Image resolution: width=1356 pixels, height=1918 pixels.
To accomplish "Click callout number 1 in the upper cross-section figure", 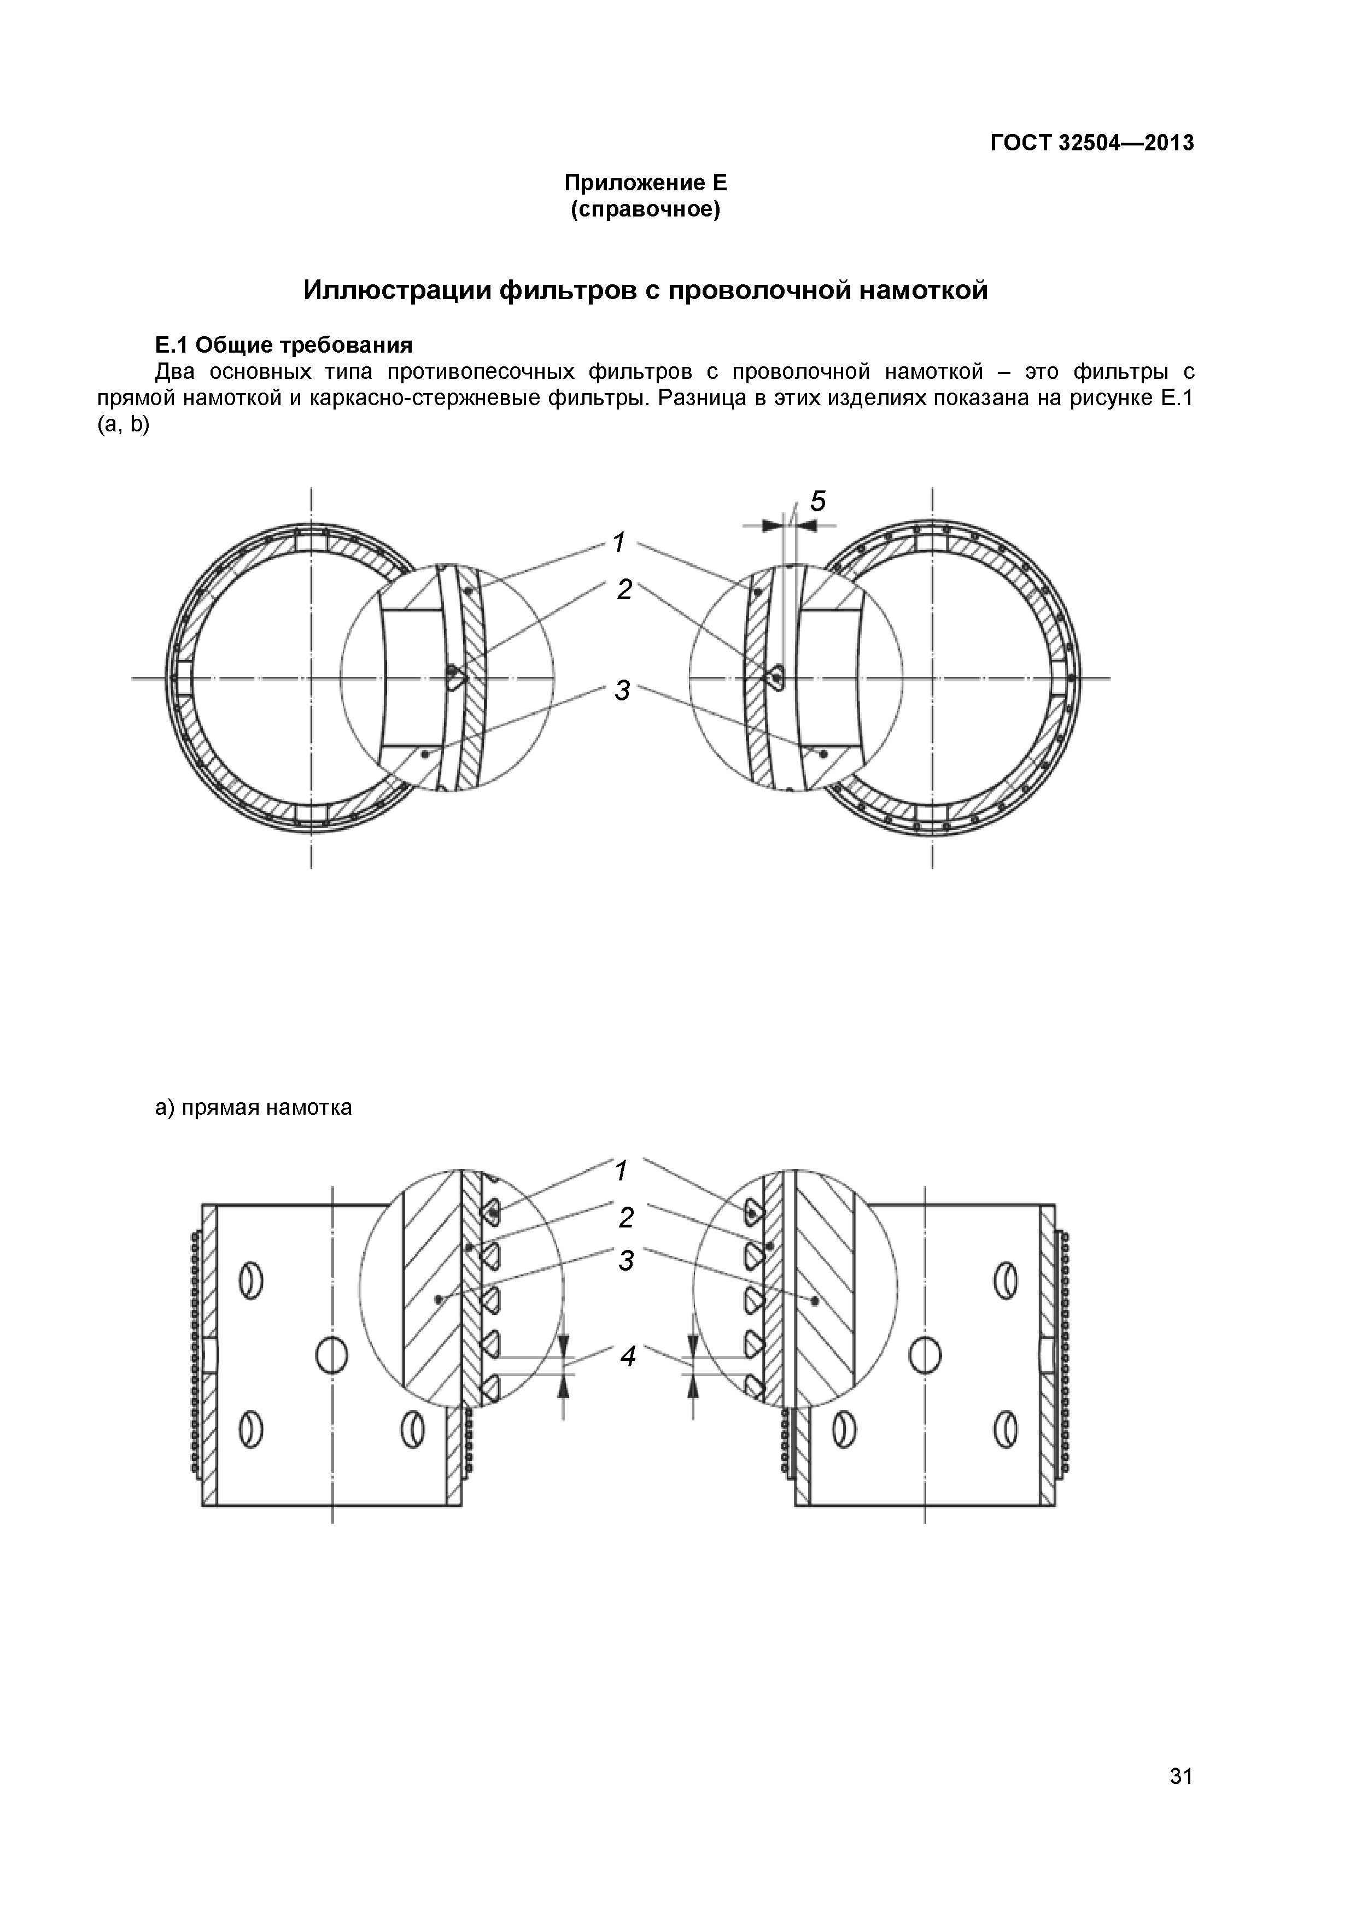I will coord(619,543).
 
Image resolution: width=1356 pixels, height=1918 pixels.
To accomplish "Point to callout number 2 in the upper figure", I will coord(624,590).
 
